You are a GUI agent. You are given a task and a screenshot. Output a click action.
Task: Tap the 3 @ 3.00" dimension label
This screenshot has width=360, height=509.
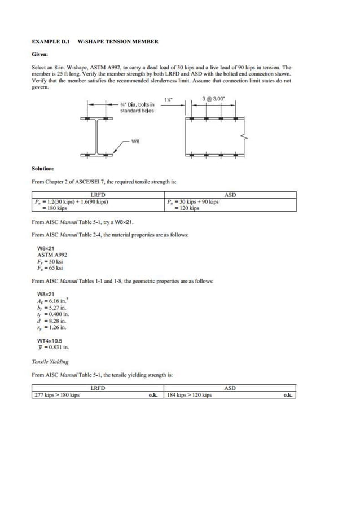pos(214,99)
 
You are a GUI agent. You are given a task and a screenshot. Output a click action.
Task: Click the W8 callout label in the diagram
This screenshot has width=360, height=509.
pos(135,142)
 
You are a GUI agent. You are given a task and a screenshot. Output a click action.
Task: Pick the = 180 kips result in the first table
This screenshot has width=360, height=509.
pos(55,208)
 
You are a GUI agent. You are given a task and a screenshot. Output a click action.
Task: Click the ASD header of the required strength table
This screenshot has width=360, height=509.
pos(230,195)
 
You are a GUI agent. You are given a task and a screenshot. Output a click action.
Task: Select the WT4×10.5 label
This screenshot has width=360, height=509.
pos(50,341)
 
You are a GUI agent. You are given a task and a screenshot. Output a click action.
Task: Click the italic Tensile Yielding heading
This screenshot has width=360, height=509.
pos(50,362)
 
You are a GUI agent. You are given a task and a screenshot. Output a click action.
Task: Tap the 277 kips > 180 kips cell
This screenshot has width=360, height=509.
pos(56,395)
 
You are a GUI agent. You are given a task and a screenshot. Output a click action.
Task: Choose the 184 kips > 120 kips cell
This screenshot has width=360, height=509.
pos(189,395)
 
